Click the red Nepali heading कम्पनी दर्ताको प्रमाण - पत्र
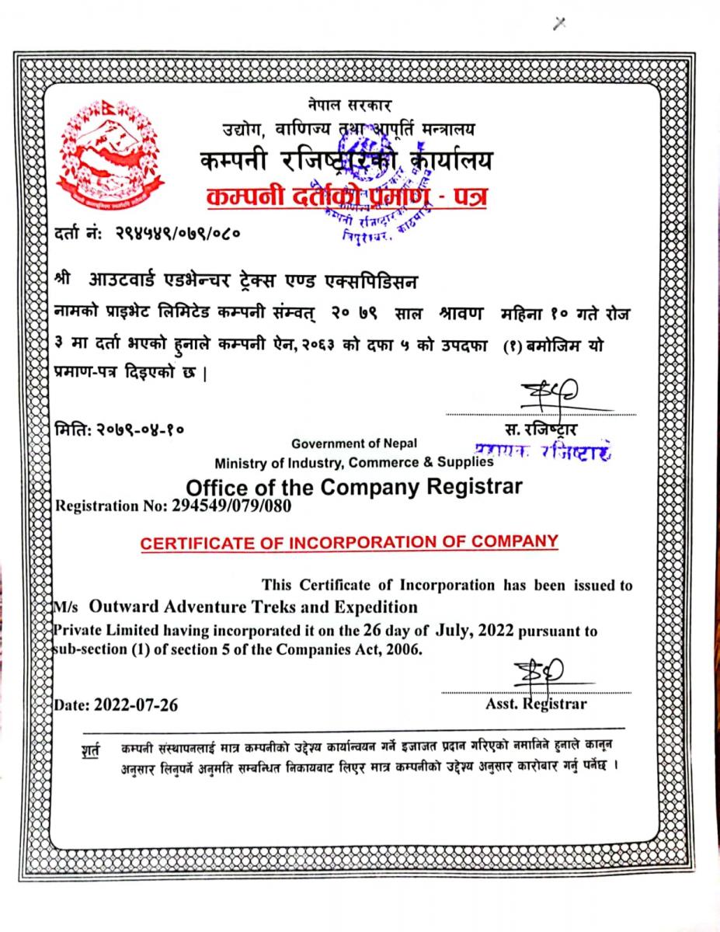point(347,198)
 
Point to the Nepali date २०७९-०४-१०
point(141,427)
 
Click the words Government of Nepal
point(354,443)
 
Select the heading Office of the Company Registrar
point(354,487)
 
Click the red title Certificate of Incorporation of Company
point(350,541)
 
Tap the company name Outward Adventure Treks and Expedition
point(252,607)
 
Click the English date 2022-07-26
point(137,706)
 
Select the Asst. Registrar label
point(536,704)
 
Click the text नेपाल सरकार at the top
point(350,104)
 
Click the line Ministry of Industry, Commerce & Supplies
point(354,463)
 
